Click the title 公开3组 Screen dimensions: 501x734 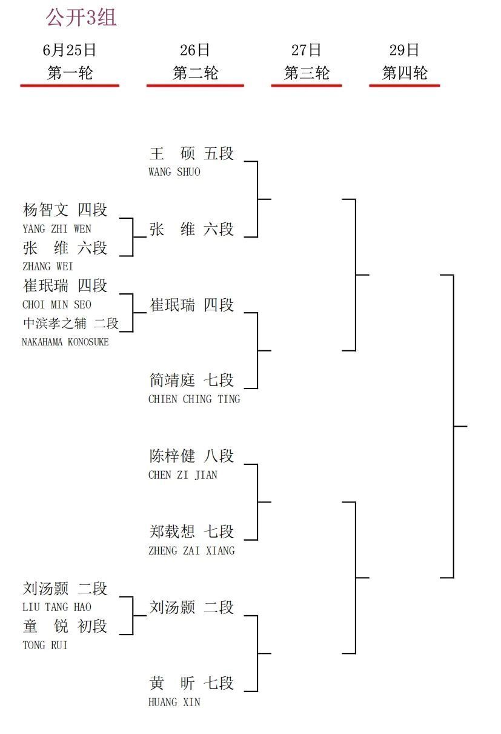tap(81, 18)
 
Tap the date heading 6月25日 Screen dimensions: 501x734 tap(69, 50)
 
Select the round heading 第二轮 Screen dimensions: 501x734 tap(195, 73)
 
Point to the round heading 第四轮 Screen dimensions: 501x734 tap(405, 73)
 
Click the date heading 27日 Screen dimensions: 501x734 tap(306, 50)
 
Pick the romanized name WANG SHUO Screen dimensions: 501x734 tap(174, 172)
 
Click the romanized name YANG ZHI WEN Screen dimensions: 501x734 tap(57, 229)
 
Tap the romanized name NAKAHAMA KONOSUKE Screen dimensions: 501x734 tap(65, 342)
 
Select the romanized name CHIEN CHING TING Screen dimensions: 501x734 tap(194, 399)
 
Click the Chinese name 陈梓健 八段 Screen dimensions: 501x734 tap(191, 456)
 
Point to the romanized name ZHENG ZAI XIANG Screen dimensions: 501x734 tap(191, 550)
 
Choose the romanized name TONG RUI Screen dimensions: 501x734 tap(45, 645)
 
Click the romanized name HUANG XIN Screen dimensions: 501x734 tap(174, 702)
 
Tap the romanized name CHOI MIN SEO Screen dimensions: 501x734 tap(57, 305)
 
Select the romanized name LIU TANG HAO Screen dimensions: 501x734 tap(57, 607)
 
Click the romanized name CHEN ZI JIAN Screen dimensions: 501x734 tap(183, 475)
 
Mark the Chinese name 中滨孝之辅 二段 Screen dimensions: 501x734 tap(71, 324)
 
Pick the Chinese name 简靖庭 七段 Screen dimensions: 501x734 tap(191, 380)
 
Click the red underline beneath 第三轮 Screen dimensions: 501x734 tap(307, 85)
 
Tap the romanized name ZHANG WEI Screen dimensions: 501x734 tap(48, 267)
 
